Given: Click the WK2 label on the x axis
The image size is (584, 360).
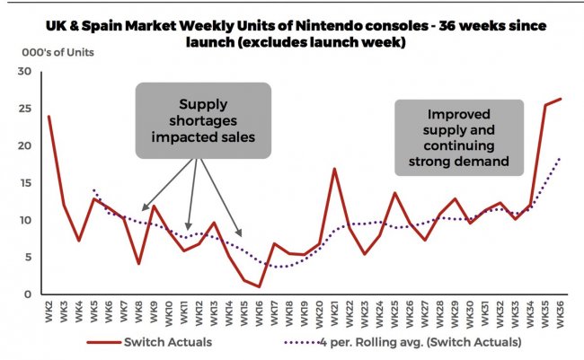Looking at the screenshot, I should pyautogui.click(x=49, y=312).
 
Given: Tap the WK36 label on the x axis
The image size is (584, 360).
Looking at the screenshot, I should pyautogui.click(x=561, y=312).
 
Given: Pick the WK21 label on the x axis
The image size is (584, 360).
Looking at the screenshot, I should pyautogui.click(x=335, y=312).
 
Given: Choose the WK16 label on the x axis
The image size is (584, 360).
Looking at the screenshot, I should pyautogui.click(x=260, y=312).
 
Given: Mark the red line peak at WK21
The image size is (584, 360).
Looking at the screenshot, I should pyautogui.click(x=334, y=169).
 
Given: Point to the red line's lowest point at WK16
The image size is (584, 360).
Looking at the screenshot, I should pyautogui.click(x=259, y=286).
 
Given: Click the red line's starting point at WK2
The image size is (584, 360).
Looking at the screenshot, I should pyautogui.click(x=49, y=117).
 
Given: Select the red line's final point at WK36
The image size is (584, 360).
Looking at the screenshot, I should pyautogui.click(x=561, y=99).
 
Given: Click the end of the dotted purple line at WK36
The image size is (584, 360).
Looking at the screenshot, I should pyautogui.click(x=561, y=158).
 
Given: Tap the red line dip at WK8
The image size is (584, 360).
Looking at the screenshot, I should pyautogui.click(x=138, y=263).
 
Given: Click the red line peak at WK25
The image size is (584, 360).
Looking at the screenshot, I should pyautogui.click(x=394, y=193).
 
